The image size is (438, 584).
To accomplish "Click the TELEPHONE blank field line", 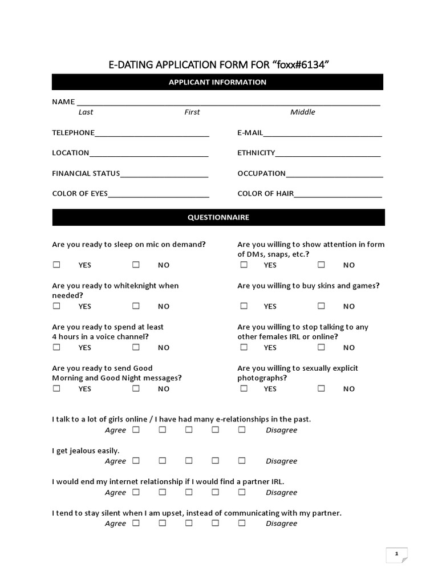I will (152, 135).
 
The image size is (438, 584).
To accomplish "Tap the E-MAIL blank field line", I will (322, 135).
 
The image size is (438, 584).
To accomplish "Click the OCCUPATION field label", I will (261, 173).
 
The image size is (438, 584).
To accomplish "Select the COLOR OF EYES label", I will (80, 193).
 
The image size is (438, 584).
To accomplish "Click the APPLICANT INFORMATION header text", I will (217, 82).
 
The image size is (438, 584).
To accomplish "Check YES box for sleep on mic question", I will (56, 265).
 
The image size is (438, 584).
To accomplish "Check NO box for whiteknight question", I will (136, 306).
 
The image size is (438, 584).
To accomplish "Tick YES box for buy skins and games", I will (244, 306).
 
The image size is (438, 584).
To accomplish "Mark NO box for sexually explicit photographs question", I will (321, 388).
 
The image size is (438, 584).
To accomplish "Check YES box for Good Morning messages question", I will (56, 388).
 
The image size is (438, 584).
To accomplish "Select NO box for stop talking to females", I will (321, 347).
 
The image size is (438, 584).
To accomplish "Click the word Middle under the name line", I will (302, 112).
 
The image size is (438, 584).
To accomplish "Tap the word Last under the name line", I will (86, 112).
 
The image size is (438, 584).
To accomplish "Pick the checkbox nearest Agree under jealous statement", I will (136, 460).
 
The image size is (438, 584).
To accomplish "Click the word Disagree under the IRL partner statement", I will (281, 492).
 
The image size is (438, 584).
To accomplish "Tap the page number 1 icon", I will (396, 554).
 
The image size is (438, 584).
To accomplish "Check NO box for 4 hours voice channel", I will (136, 347).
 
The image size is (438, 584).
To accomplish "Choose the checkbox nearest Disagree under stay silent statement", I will (242, 523).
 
